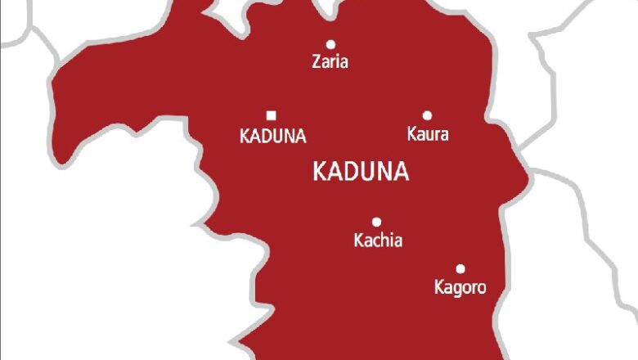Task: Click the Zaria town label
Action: pos(330,61)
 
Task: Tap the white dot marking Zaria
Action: pos(330,44)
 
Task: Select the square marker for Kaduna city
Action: pos(272,115)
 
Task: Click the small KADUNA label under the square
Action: pos(273,136)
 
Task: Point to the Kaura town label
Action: pos(428,133)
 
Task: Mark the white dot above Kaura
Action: pos(427,115)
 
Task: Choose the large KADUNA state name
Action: pos(361,172)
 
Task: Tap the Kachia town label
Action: pos(378,241)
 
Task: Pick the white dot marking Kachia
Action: pos(377,222)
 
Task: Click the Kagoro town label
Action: pos(460,287)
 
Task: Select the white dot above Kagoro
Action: pos(461,268)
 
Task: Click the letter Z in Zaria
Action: pos(317,61)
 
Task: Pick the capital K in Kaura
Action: pos(412,133)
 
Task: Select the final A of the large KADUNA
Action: pos(401,172)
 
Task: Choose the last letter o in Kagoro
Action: pos(480,288)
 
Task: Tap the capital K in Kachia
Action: pos(358,241)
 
